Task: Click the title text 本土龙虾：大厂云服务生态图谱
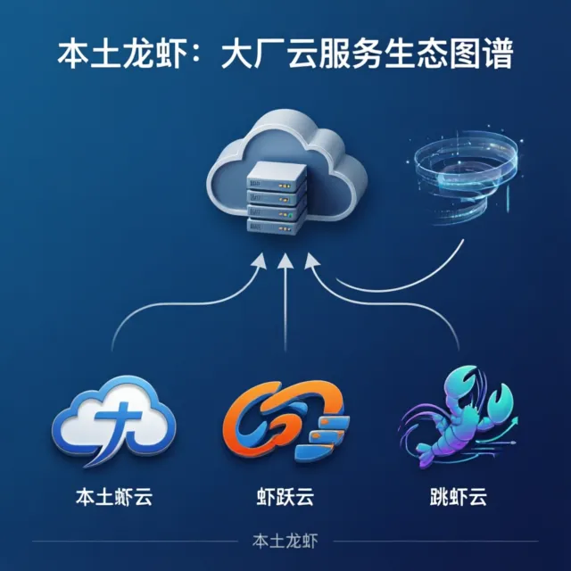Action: (285, 55)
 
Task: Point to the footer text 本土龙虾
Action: (285, 541)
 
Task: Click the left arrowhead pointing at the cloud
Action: (260, 260)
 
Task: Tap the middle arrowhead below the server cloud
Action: (285, 260)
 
